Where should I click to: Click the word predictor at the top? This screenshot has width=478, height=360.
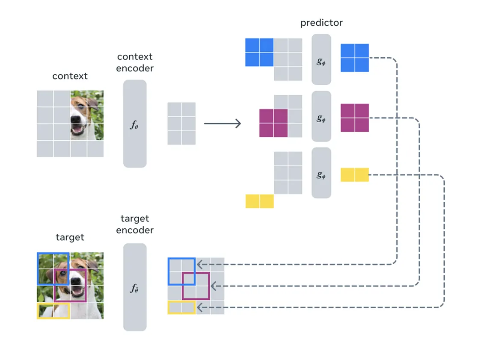tap(321, 23)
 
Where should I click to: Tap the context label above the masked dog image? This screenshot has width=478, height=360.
tap(70, 76)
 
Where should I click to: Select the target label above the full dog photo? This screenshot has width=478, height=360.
tap(70, 237)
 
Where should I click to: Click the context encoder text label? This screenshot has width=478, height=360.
tap(135, 62)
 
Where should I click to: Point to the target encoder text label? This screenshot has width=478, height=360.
tap(135, 224)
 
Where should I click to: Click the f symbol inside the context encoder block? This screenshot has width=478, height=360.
tap(134, 124)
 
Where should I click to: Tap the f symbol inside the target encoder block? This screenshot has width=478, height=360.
tap(134, 288)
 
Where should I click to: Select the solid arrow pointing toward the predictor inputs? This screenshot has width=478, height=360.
tap(223, 124)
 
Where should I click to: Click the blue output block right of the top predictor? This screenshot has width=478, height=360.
tap(354, 58)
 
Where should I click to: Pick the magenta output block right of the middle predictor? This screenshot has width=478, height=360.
tap(354, 118)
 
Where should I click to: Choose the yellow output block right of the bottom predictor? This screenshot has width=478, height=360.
tap(354, 175)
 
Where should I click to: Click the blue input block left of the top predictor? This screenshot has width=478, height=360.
tap(259, 52)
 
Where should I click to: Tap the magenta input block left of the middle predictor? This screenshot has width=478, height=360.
tap(273, 123)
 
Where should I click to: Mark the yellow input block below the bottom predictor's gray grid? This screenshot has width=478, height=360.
tap(259, 201)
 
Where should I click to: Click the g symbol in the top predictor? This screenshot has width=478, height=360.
tap(321, 62)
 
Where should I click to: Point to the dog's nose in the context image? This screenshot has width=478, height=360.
tap(74, 119)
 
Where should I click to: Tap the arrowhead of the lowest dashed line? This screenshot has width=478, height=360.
tap(199, 307)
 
